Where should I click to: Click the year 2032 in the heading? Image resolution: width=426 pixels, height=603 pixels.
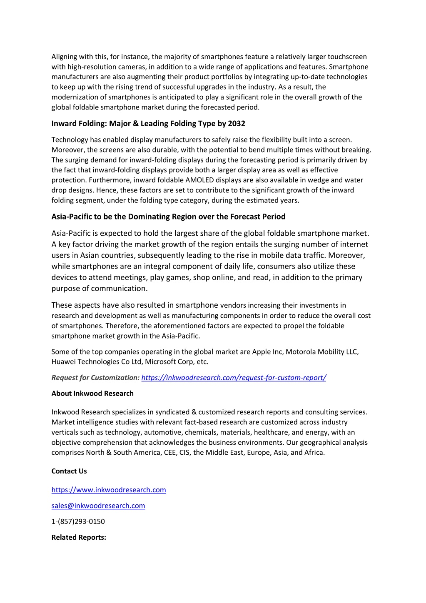click(x=237, y=124)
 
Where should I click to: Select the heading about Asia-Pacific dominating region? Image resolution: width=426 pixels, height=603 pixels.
click(x=168, y=217)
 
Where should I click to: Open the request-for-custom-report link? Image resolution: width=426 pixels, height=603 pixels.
click(x=234, y=378)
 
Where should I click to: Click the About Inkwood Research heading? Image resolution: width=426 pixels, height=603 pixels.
click(x=92, y=394)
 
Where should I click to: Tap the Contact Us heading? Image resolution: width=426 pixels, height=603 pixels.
click(x=69, y=471)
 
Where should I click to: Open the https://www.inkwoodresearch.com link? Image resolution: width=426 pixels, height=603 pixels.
click(x=109, y=490)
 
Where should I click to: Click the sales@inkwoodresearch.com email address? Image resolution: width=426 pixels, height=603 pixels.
click(x=98, y=506)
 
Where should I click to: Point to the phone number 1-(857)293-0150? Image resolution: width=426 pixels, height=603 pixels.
click(x=78, y=521)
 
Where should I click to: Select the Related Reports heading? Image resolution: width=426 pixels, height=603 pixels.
click(x=79, y=537)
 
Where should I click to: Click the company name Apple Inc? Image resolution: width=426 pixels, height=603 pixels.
click(x=267, y=351)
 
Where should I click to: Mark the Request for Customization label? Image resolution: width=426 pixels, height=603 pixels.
click(x=95, y=378)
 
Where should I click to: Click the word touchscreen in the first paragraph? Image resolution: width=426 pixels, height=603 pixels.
click(x=347, y=57)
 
